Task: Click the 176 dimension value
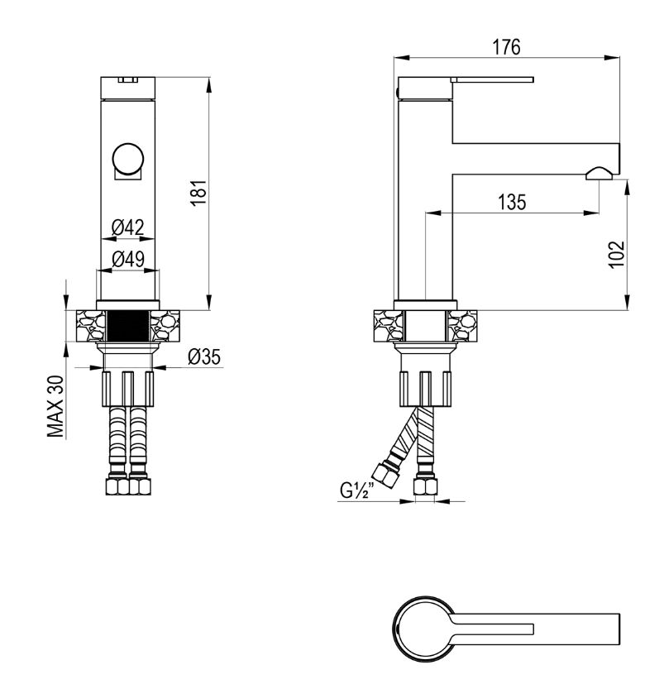(507, 47)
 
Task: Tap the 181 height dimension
(199, 194)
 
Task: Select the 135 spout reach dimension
(512, 202)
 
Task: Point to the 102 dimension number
(616, 255)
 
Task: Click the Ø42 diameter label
(127, 227)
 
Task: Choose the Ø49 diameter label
(128, 259)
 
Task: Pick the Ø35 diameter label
(204, 356)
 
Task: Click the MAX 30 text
(56, 407)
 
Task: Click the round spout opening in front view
(127, 158)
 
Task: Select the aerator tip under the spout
(600, 174)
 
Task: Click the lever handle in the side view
(493, 80)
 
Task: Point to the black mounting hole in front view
(128, 326)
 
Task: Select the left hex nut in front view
(117, 486)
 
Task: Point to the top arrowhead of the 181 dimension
(209, 85)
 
